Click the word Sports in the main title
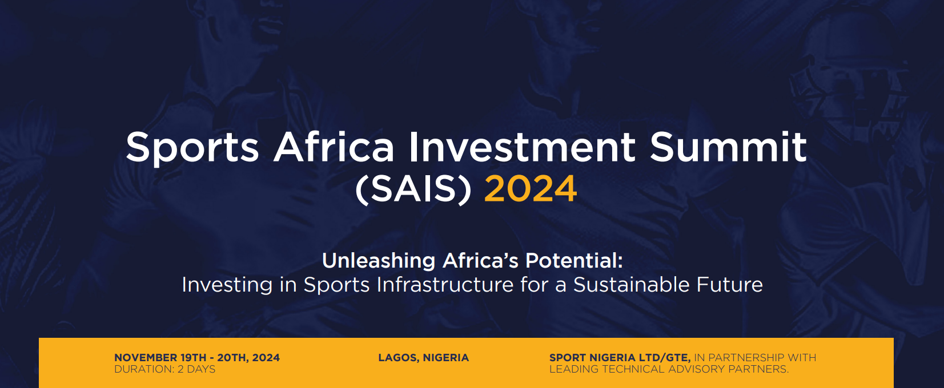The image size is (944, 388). click(192, 148)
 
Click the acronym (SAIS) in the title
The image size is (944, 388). click(413, 189)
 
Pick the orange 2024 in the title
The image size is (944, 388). click(530, 189)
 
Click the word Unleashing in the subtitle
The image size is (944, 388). click(379, 261)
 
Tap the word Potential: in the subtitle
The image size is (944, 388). click(573, 261)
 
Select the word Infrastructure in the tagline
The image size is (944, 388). click(445, 284)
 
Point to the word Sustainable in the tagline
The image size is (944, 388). click(631, 284)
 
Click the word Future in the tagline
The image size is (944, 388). click(729, 284)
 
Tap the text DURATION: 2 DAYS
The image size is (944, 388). click(165, 369)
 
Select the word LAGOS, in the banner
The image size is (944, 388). click(399, 358)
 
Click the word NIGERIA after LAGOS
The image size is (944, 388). click(446, 358)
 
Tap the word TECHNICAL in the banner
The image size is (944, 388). click(633, 369)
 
